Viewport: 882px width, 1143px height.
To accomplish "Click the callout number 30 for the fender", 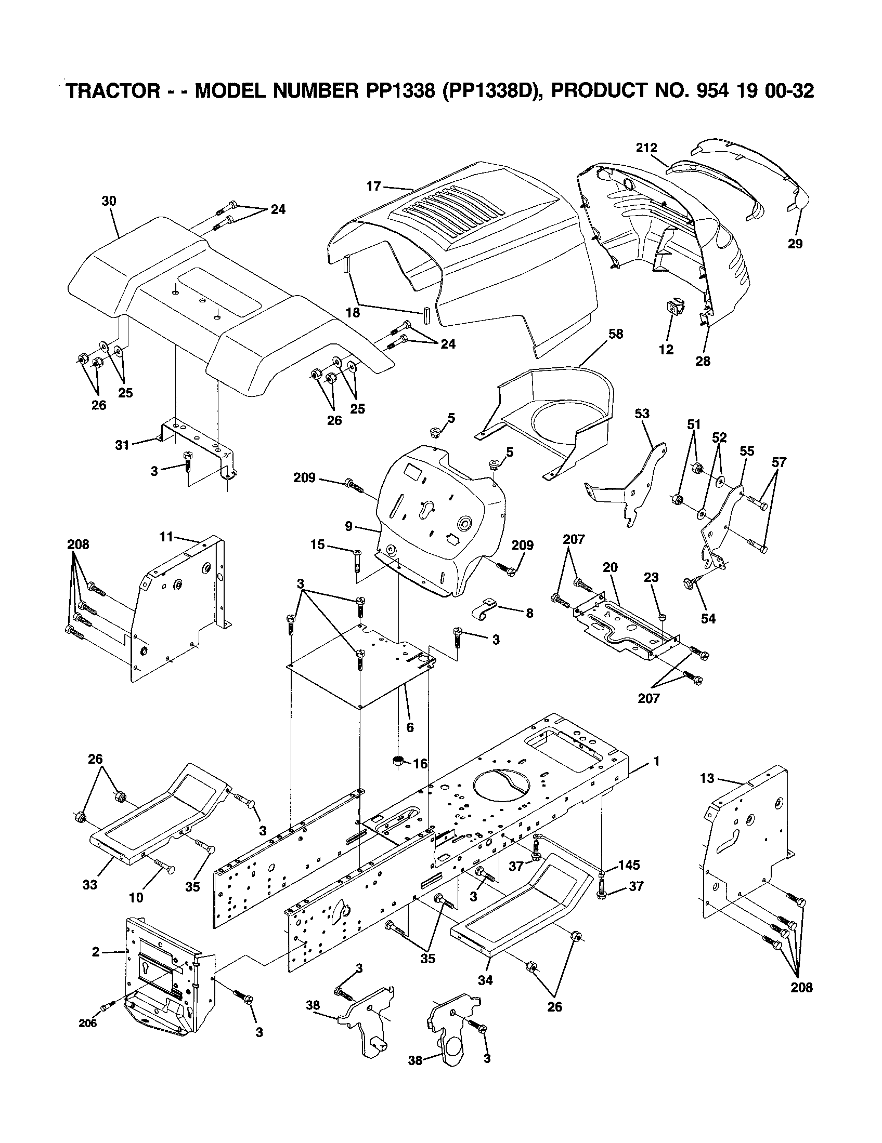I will [109, 201].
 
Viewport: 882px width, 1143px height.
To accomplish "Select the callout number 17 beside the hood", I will [373, 186].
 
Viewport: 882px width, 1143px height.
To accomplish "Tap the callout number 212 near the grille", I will [646, 148].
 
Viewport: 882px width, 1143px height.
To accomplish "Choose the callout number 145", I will [629, 864].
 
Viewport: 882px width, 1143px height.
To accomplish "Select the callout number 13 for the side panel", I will [707, 778].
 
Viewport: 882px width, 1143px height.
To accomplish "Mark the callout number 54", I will [708, 619].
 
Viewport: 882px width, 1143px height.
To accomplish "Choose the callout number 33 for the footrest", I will [90, 884].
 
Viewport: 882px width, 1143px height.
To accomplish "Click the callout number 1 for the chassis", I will [656, 761].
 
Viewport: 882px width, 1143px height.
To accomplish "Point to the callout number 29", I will [795, 243].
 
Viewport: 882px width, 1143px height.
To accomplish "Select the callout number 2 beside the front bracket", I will [95, 952].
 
